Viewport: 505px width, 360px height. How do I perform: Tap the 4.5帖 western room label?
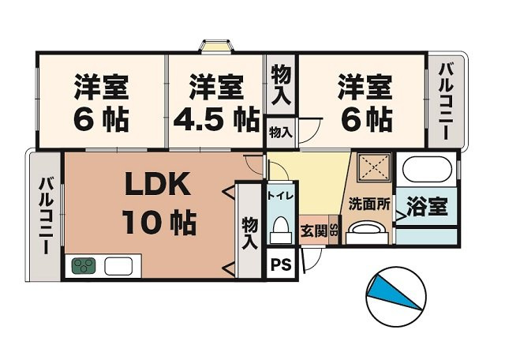214,103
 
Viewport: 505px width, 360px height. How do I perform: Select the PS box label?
281,265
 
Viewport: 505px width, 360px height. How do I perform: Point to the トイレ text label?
280,194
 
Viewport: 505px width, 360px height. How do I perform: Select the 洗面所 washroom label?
369,203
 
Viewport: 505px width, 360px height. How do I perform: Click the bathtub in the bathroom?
426,170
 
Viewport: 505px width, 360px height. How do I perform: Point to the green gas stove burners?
83,265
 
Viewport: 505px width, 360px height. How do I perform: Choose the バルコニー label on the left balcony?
46,215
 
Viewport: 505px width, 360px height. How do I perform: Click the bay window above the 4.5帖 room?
214,45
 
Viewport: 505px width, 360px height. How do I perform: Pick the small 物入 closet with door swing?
280,132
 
